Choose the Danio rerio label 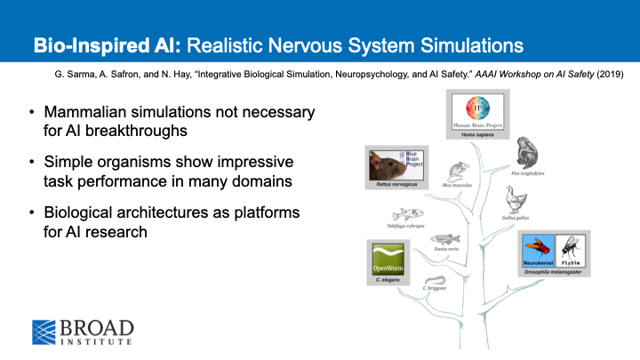(445, 249)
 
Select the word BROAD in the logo (97, 326)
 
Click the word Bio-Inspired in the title (84, 44)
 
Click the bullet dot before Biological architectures (33, 214)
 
